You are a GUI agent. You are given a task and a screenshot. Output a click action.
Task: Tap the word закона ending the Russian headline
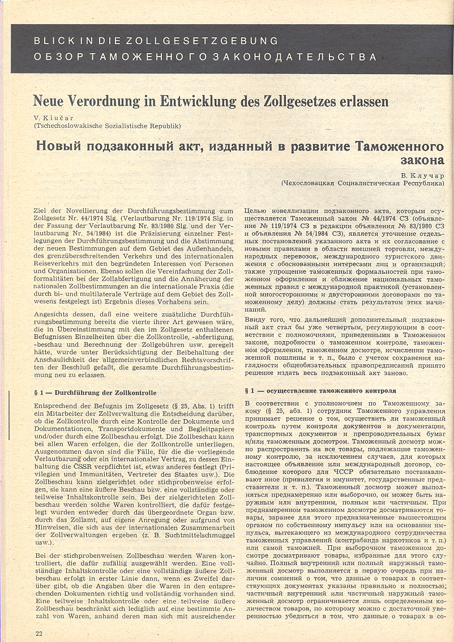419,160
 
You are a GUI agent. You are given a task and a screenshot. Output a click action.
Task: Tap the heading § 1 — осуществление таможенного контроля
319,391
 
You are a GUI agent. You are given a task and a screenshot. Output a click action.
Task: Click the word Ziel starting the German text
41,210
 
